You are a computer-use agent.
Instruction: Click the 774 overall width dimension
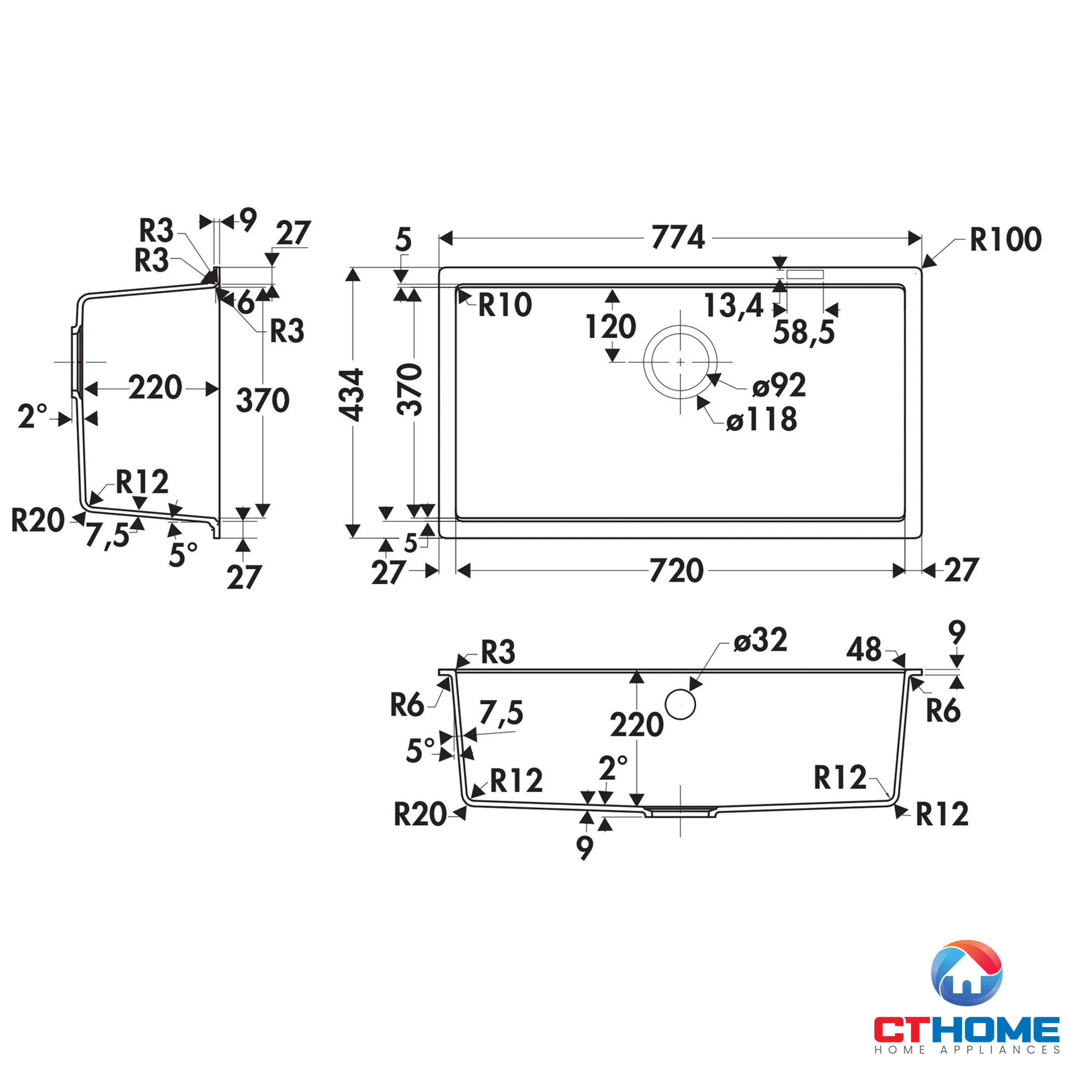tap(678, 237)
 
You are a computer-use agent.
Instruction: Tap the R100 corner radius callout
tap(1006, 239)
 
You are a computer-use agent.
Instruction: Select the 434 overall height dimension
tap(351, 395)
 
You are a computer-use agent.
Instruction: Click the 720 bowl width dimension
tap(676, 570)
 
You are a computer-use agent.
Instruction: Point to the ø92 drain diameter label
tap(779, 385)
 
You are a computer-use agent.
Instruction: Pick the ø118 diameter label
tap(762, 419)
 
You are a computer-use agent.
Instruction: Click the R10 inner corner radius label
tap(505, 305)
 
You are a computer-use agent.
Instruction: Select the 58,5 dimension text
tap(804, 332)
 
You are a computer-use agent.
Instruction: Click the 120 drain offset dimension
tap(611, 327)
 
